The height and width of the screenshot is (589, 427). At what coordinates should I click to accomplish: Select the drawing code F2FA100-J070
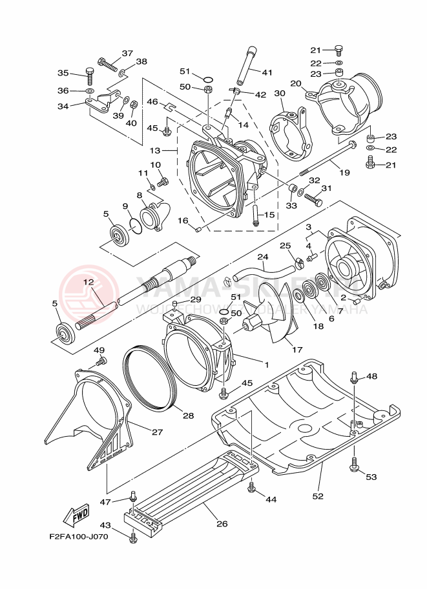(x=79, y=535)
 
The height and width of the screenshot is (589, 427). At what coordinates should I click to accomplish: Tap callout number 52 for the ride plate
(x=318, y=495)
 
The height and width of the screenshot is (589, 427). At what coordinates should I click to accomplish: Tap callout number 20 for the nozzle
(x=296, y=83)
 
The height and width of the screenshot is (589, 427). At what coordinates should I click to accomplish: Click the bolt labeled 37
(x=107, y=63)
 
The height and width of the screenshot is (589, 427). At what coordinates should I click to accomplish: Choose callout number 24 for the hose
(x=262, y=256)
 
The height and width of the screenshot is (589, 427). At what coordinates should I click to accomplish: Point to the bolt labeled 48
(x=355, y=378)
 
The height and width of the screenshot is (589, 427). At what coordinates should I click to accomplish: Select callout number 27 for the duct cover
(x=157, y=432)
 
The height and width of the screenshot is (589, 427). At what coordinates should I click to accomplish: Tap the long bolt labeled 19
(x=326, y=157)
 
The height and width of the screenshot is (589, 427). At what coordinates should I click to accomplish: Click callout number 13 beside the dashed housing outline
(x=155, y=150)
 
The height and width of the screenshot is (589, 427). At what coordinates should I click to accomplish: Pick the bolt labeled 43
(x=133, y=536)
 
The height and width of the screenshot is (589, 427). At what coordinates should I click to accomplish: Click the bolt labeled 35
(x=90, y=77)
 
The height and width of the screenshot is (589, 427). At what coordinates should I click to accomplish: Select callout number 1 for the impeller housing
(x=265, y=364)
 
